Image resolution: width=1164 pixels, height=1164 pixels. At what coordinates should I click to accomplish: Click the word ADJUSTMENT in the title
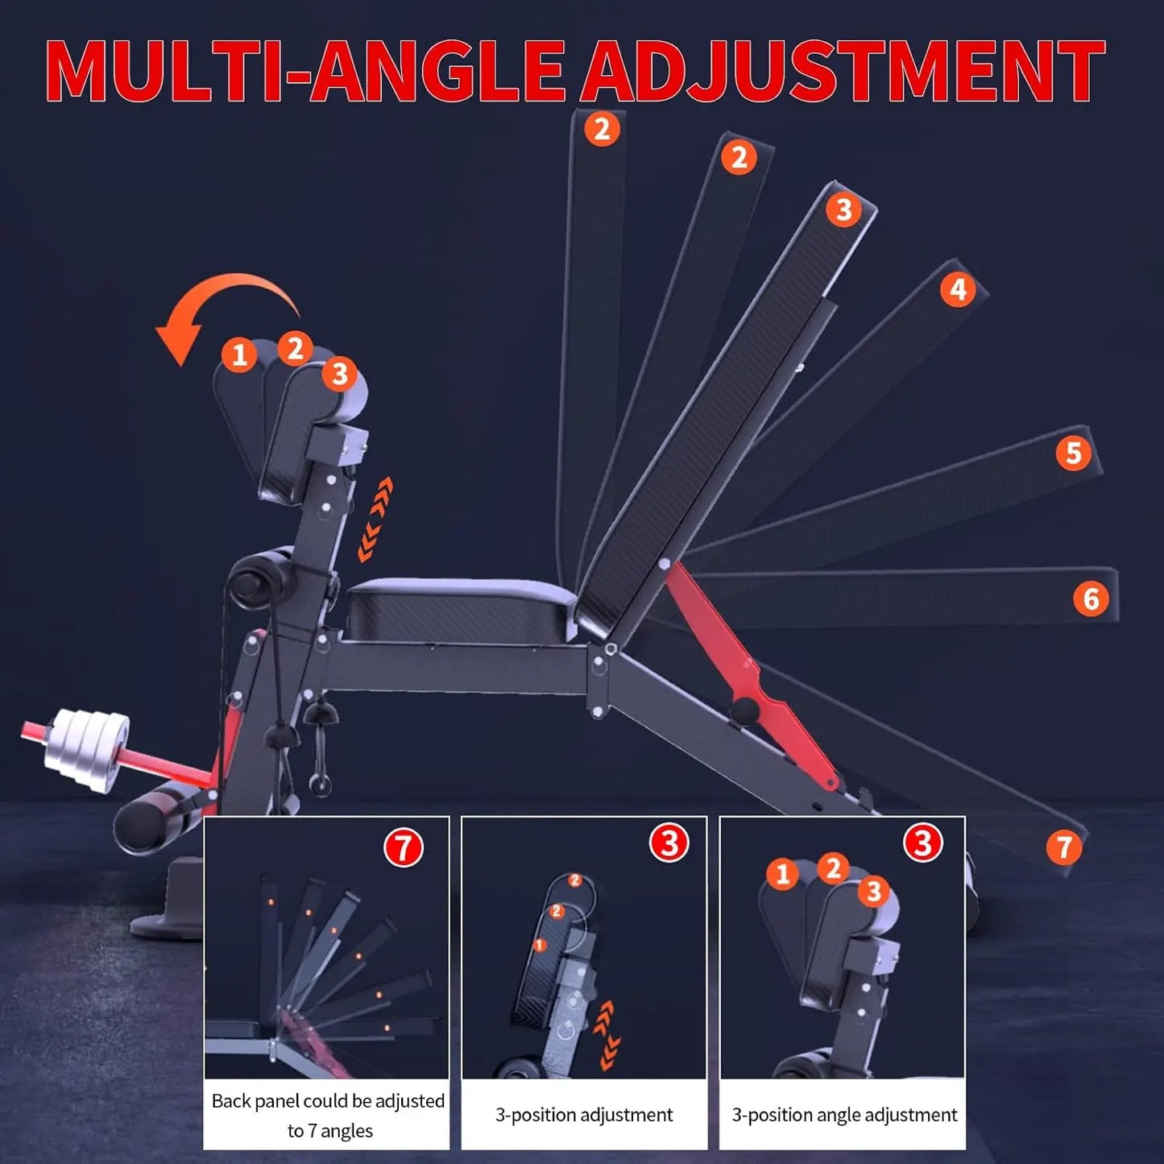[842, 71]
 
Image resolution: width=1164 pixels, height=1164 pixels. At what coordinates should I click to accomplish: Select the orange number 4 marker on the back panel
[957, 289]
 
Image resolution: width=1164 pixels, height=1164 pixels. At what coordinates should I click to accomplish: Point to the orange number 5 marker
[1073, 454]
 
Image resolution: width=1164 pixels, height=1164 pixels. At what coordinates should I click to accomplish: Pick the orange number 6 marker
[1091, 599]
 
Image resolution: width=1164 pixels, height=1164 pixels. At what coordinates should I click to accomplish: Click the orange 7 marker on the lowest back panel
[1063, 847]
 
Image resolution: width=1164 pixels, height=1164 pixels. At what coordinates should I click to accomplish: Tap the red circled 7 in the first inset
[403, 847]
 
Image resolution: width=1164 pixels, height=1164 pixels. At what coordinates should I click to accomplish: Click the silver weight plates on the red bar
[85, 749]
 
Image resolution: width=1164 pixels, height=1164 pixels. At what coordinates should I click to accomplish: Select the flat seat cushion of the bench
[461, 608]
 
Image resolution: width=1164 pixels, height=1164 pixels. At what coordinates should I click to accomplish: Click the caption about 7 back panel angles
[327, 1115]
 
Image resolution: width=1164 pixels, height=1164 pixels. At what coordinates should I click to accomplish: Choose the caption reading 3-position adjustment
[584, 1115]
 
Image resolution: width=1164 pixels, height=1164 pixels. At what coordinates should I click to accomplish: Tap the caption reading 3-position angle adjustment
[843, 1115]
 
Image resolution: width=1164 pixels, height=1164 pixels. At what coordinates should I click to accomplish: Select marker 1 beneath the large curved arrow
[239, 355]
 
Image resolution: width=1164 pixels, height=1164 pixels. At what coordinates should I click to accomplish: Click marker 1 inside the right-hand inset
[781, 874]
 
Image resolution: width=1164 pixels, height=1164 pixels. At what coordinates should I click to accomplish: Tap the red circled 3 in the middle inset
[669, 843]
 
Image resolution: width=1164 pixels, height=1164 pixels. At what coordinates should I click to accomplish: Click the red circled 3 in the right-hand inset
[922, 843]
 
